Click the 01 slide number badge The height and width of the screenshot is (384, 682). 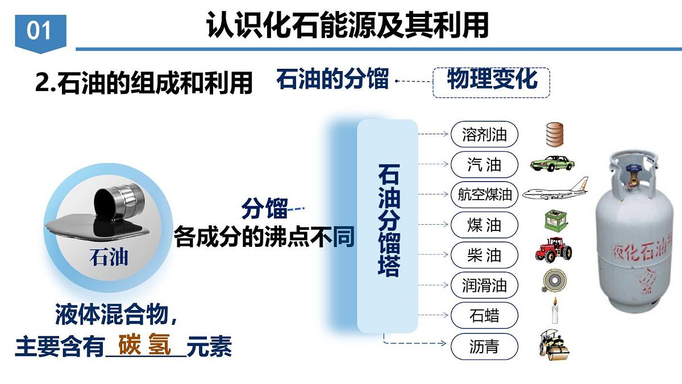pyautogui.click(x=40, y=31)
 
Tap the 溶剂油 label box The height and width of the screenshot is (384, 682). pyautogui.click(x=484, y=135)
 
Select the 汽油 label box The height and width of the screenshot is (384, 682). pyautogui.click(x=484, y=165)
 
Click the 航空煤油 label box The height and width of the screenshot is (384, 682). pyautogui.click(x=484, y=195)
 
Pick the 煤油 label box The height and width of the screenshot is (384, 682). pyautogui.click(x=484, y=225)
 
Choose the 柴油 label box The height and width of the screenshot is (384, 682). pyautogui.click(x=484, y=255)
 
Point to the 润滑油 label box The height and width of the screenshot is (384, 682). pyautogui.click(x=484, y=284)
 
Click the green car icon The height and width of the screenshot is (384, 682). pyautogui.click(x=552, y=163)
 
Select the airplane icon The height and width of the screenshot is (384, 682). pyautogui.click(x=555, y=191)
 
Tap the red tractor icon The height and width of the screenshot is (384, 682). pyautogui.click(x=553, y=250)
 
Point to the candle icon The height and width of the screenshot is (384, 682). pyautogui.click(x=554, y=312)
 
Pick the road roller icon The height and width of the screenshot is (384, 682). pyautogui.click(x=554, y=344)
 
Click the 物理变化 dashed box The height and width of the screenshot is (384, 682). pyautogui.click(x=492, y=80)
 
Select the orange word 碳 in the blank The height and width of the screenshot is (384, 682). pyautogui.click(x=130, y=345)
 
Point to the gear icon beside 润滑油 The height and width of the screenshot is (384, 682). pyautogui.click(x=552, y=281)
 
